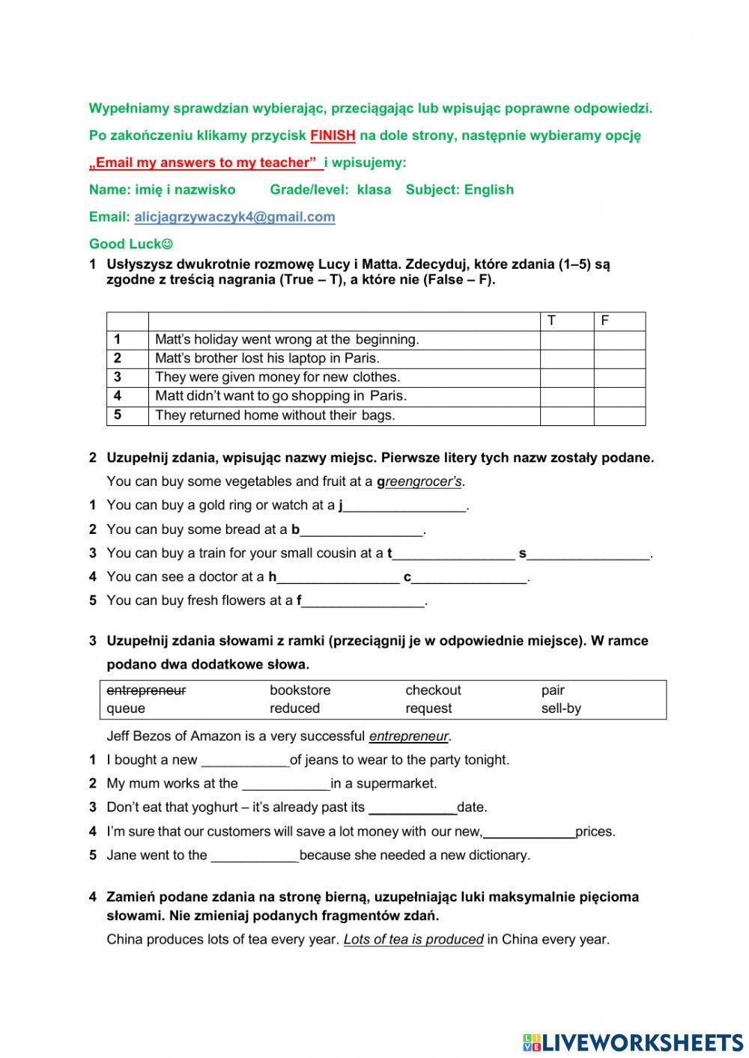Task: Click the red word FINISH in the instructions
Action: pyautogui.click(x=333, y=136)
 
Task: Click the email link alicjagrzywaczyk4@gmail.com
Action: pyautogui.click(x=234, y=216)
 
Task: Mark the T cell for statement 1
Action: pyautogui.click(x=567, y=340)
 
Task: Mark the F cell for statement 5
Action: pyautogui.click(x=619, y=416)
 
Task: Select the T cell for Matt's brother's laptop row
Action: pyautogui.click(x=567, y=359)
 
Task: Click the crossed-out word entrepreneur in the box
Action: pyautogui.click(x=146, y=690)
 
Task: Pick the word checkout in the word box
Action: pyautogui.click(x=433, y=690)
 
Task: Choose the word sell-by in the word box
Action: pyautogui.click(x=561, y=708)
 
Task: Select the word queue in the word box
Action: pyautogui.click(x=126, y=708)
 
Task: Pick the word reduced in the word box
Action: pyautogui.click(x=294, y=708)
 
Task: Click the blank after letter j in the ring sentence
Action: pyautogui.click(x=404, y=507)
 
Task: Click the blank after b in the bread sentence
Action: pyautogui.click(x=362, y=531)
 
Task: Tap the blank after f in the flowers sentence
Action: pyautogui.click(x=363, y=602)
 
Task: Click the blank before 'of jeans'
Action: pyautogui.click(x=245, y=761)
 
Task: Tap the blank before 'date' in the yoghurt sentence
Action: pyautogui.click(x=412, y=809)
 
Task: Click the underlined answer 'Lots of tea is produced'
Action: pyautogui.click(x=413, y=939)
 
